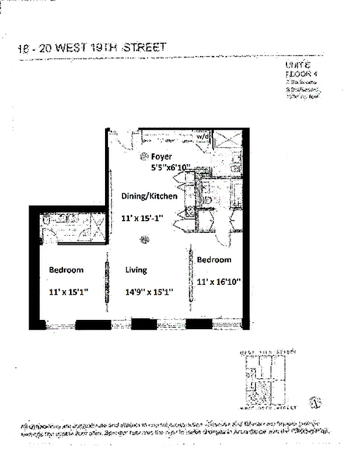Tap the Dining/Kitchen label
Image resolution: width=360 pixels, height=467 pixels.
[x=149, y=196]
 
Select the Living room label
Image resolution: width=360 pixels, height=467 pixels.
[x=136, y=270]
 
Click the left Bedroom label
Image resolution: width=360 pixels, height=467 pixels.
[x=66, y=270]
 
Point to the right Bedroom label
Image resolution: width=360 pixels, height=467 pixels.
[x=214, y=260]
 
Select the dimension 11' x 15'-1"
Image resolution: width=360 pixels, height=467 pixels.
[x=142, y=218]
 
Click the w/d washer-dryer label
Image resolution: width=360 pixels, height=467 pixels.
[x=202, y=137]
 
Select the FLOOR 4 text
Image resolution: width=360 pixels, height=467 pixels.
[x=299, y=75]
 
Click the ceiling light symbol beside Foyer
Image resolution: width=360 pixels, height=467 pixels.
[x=143, y=156]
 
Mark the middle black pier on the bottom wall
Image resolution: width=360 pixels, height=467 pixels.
[x=140, y=325]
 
